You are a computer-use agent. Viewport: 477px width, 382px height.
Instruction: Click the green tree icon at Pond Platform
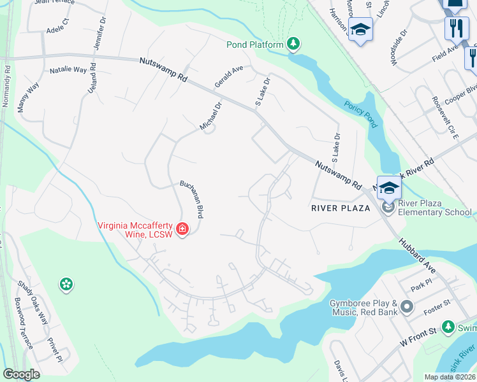tap(293, 44)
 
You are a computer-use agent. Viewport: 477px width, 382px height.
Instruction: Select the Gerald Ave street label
tap(229, 76)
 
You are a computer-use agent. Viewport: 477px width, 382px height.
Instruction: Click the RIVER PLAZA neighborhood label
tap(341, 208)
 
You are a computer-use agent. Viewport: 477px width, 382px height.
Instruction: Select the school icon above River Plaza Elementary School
tap(389, 187)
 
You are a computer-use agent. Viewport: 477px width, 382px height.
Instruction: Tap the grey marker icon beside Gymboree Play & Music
tap(408, 308)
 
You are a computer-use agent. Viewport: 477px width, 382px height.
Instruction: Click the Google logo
tap(21, 374)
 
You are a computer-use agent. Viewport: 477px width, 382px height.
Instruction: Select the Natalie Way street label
tap(68, 69)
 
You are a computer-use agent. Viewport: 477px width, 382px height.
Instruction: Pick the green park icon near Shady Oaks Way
tap(66, 285)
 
